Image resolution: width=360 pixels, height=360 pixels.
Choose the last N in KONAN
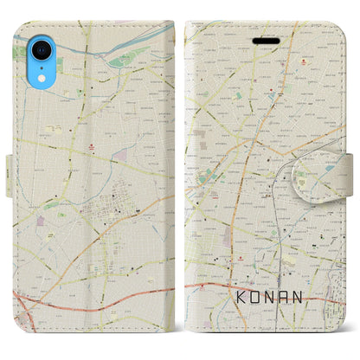click(x=312, y=296)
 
